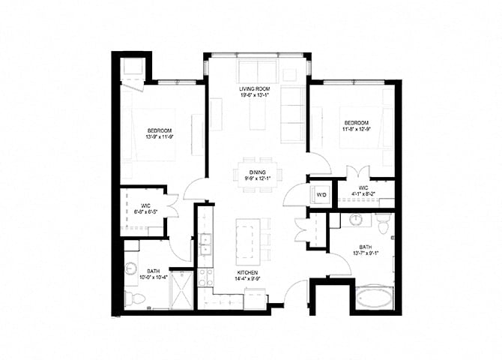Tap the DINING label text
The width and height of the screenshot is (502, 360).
pos(257,172)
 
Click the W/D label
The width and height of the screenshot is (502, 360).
pos(322,195)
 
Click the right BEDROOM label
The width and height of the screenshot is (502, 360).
pos(356,122)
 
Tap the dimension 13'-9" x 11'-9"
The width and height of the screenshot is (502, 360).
pos(158,137)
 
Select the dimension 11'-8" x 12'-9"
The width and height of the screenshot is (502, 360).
pos(356,129)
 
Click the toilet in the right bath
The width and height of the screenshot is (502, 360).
pos(383,222)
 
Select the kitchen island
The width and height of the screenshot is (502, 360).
pos(247,240)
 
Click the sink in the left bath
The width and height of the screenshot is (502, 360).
pos(130,268)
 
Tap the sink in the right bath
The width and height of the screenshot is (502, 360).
pos(355,220)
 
